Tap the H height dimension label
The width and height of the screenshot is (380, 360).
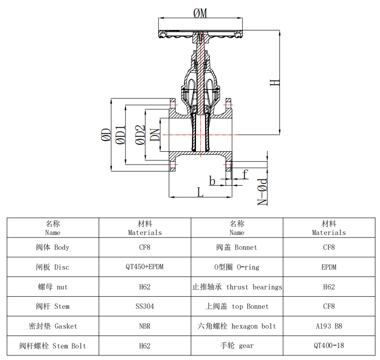(x=274, y=83)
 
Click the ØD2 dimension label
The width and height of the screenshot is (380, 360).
(x=140, y=135)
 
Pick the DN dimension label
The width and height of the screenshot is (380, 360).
(x=155, y=134)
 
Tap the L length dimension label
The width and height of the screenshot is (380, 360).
(x=200, y=192)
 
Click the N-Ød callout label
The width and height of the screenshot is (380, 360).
(x=262, y=192)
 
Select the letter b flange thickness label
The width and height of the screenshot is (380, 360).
(x=212, y=181)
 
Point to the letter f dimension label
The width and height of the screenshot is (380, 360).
(x=245, y=174)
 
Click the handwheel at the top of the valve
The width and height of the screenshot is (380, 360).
(x=200, y=34)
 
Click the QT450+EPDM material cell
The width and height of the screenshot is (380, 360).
(x=145, y=267)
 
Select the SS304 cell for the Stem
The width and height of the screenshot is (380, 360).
(x=145, y=306)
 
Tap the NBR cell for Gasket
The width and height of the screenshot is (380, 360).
(x=145, y=326)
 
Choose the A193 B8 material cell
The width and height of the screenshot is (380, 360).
(x=329, y=326)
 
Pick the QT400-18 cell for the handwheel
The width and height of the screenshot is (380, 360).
(x=329, y=345)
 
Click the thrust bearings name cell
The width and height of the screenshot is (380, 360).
(x=237, y=287)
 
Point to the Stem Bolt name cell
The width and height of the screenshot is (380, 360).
(x=53, y=345)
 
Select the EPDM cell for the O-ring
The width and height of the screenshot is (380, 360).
(x=329, y=267)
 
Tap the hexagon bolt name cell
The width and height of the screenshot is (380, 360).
(x=237, y=326)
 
